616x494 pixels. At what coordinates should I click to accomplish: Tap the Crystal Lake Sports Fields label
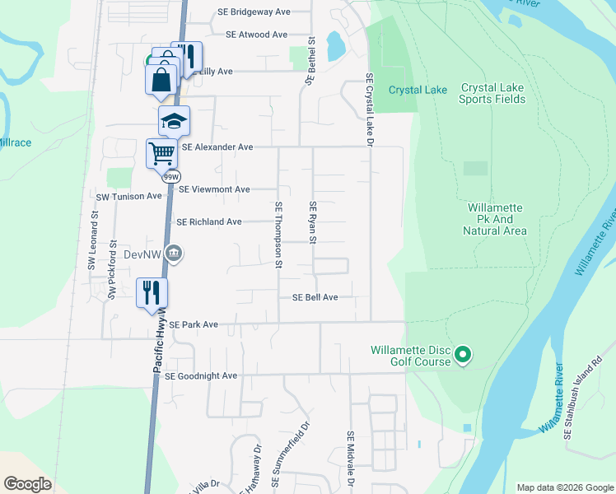(492, 93)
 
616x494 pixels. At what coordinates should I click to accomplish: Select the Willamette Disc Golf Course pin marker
(463, 355)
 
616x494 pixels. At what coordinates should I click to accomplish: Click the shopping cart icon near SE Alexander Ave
(161, 152)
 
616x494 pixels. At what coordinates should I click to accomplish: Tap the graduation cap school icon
(174, 120)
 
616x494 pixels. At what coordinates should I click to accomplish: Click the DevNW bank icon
(173, 254)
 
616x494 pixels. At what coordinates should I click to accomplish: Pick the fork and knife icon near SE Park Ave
(152, 292)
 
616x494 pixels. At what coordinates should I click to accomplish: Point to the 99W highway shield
(171, 177)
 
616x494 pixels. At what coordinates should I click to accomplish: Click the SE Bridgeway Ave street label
(254, 12)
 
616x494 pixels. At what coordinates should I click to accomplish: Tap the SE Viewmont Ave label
(214, 189)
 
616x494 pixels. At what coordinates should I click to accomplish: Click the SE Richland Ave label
(209, 222)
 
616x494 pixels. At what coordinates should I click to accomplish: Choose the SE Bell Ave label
(310, 297)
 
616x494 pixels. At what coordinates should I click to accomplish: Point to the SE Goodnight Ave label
(201, 376)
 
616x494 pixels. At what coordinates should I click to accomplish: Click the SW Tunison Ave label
(129, 197)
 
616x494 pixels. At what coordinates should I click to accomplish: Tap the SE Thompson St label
(278, 235)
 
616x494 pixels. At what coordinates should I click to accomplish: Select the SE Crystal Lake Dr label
(370, 110)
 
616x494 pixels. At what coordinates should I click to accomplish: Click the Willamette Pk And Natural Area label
(495, 220)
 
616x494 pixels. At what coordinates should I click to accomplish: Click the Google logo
(29, 484)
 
